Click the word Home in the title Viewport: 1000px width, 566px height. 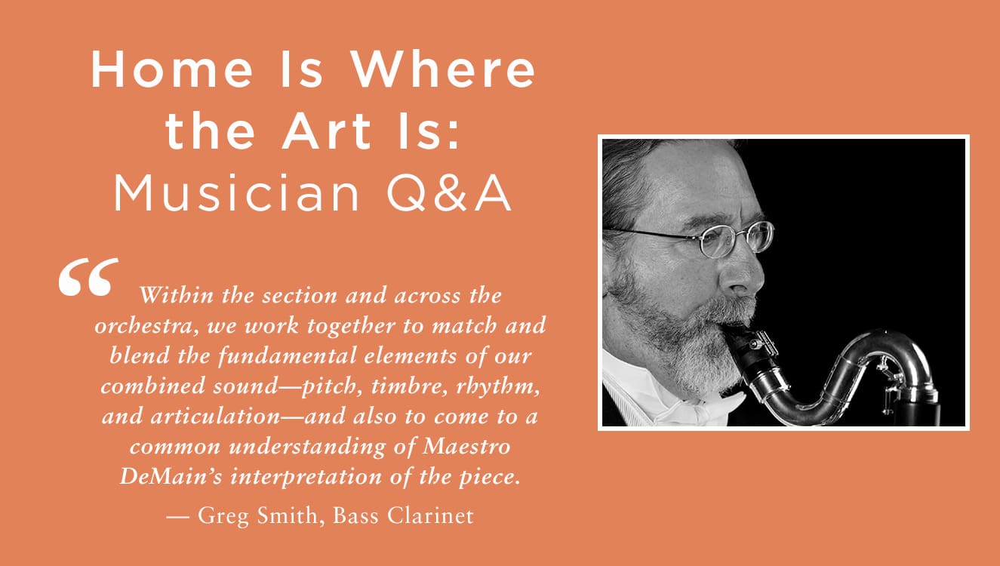(x=172, y=69)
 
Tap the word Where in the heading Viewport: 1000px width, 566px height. (x=442, y=69)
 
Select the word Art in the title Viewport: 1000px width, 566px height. (x=327, y=131)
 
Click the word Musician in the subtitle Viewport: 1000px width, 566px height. (x=237, y=193)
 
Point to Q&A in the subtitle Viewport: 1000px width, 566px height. (x=449, y=194)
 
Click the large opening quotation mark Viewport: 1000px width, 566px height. (x=88, y=277)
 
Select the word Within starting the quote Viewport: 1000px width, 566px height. (x=177, y=295)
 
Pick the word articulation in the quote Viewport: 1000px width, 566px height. (x=215, y=417)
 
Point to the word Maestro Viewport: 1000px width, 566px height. (x=466, y=446)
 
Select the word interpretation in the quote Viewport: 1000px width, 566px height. (x=306, y=477)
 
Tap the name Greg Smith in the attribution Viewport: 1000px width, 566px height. (x=257, y=515)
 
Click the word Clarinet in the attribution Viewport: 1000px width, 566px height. (x=430, y=515)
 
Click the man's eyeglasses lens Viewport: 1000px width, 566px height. (x=716, y=241)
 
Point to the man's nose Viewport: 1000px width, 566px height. (x=743, y=272)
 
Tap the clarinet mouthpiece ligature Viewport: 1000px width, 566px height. (x=762, y=346)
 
